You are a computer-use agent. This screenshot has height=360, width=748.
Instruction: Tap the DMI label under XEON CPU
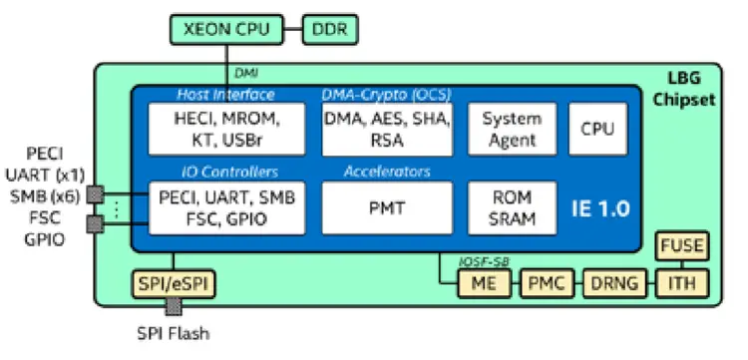pos(245,73)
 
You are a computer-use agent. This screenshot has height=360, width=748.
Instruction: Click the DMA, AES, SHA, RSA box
pos(386,129)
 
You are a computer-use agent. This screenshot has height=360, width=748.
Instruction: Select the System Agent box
pos(512,129)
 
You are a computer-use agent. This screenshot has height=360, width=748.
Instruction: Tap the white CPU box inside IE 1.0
pos(597,129)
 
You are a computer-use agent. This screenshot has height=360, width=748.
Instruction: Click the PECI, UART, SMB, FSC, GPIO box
pos(226,206)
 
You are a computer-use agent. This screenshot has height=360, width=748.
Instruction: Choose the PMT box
pos(386,206)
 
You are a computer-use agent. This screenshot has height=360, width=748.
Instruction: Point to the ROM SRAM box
pos(512,206)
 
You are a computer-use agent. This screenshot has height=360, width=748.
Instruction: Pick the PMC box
pos(546,284)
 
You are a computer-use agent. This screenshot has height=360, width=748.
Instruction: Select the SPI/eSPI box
pos(174,284)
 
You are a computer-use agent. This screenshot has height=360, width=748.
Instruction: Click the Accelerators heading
pos(387,171)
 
